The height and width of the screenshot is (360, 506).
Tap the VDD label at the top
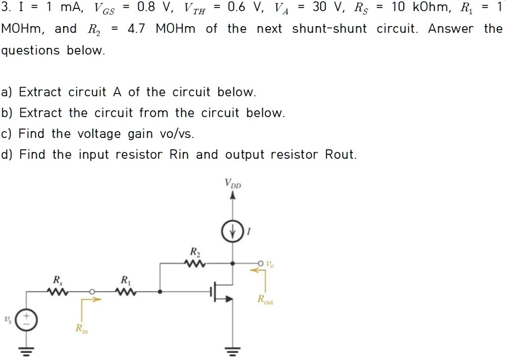click(x=234, y=183)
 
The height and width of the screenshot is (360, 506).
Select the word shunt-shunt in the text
click(x=330, y=29)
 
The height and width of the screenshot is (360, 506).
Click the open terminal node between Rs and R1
click(x=92, y=292)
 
